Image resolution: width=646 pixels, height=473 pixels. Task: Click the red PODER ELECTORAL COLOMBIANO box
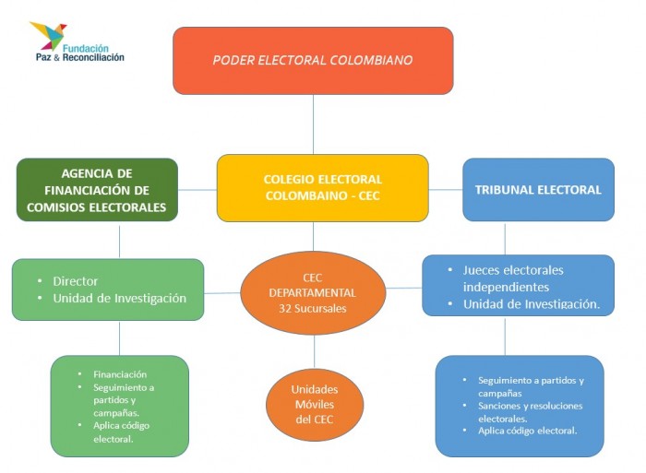pyautogui.click(x=313, y=60)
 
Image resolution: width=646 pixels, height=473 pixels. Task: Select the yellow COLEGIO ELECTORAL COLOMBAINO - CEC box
pyautogui.click(x=322, y=187)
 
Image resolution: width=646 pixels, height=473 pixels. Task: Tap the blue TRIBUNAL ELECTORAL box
pyautogui.click(x=538, y=190)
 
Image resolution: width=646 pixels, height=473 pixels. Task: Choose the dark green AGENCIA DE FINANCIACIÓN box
pyautogui.click(x=97, y=190)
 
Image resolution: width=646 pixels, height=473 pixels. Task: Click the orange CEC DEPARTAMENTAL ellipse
pyautogui.click(x=312, y=292)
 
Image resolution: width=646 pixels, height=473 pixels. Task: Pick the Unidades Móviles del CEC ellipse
pyautogui.click(x=314, y=405)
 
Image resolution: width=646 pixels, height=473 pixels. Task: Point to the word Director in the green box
pyautogui.click(x=76, y=280)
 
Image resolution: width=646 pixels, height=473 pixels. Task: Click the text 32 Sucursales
pyautogui.click(x=312, y=308)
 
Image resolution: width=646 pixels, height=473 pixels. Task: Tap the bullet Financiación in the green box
pyautogui.click(x=120, y=374)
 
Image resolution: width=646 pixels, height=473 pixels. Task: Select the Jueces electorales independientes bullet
pyautogui.click(x=513, y=278)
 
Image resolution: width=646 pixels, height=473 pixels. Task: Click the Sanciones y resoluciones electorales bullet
pyautogui.click(x=530, y=411)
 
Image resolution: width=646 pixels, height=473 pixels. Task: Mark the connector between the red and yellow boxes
pyautogui.click(x=313, y=124)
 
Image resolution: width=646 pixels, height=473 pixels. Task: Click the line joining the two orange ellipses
pyautogui.click(x=314, y=350)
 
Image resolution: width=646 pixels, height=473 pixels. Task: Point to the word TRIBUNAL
pyautogui.click(x=507, y=190)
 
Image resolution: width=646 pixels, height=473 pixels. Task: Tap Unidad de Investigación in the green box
pyautogui.click(x=119, y=298)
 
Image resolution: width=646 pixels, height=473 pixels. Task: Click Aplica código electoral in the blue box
pyautogui.click(x=528, y=431)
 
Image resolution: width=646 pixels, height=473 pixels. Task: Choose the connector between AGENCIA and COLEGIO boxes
pyautogui.click(x=197, y=190)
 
